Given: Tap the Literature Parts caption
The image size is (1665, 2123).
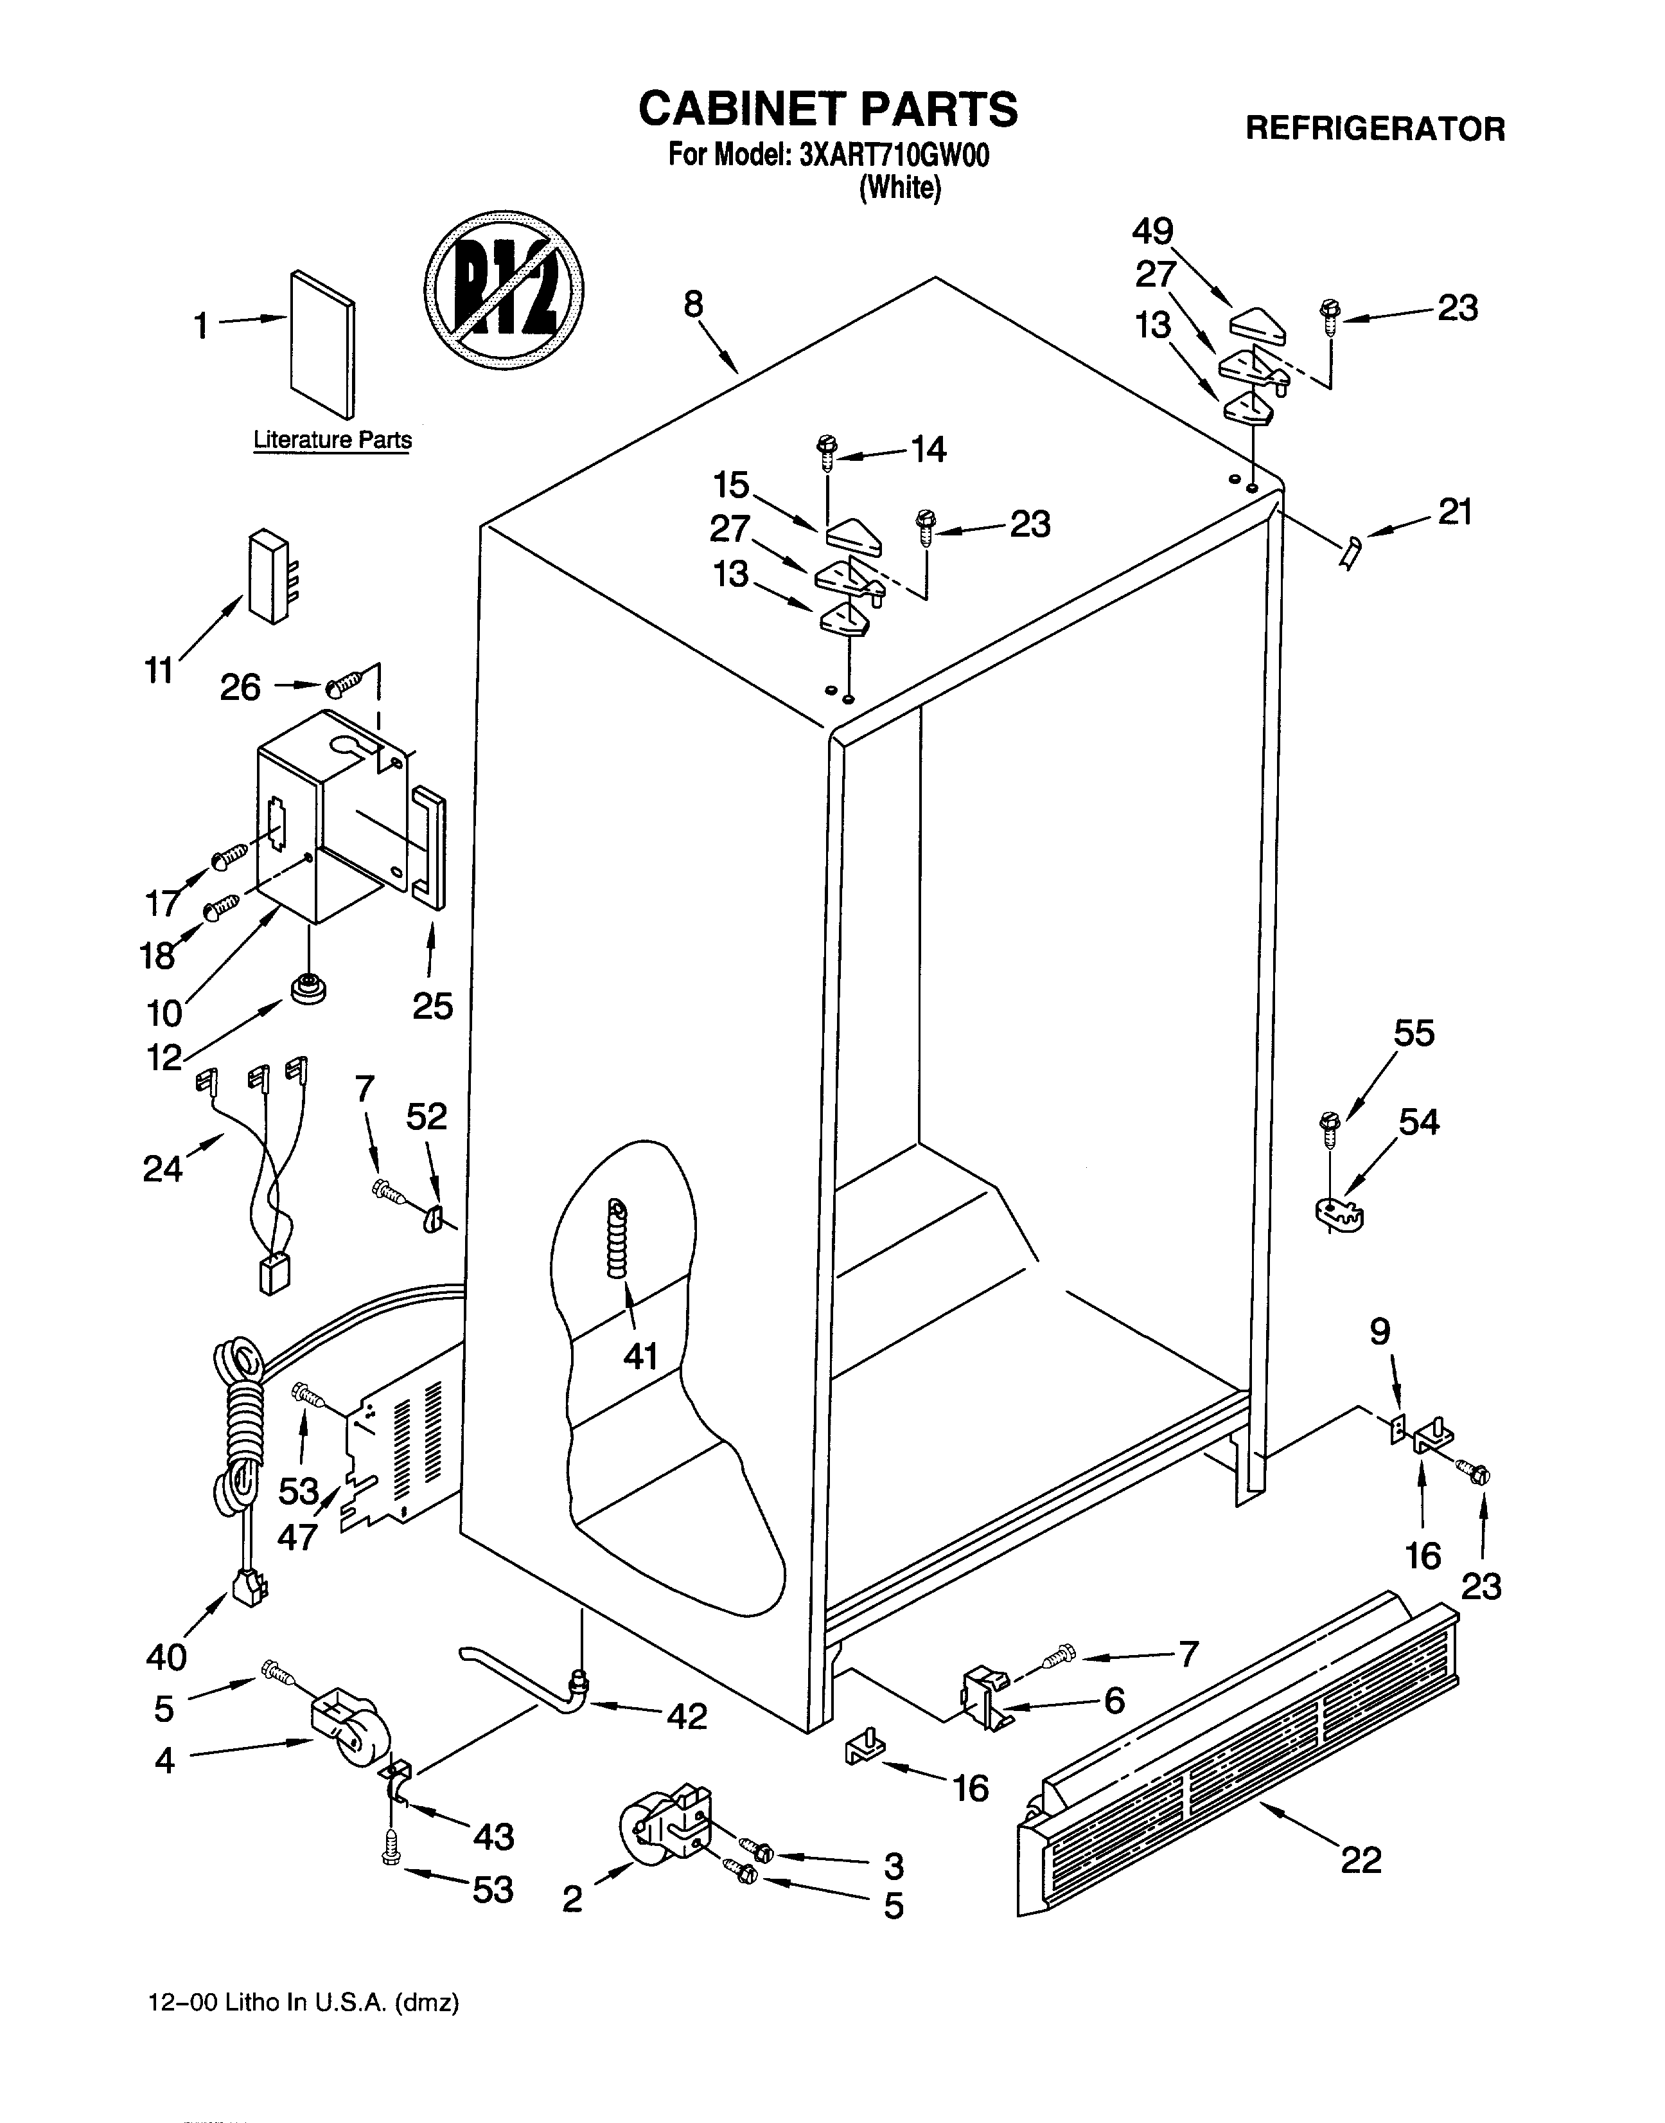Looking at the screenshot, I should [x=332, y=440].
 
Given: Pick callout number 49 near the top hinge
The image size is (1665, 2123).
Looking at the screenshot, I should [x=1152, y=232].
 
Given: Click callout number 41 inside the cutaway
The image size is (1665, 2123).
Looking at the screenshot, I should [x=640, y=1356].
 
